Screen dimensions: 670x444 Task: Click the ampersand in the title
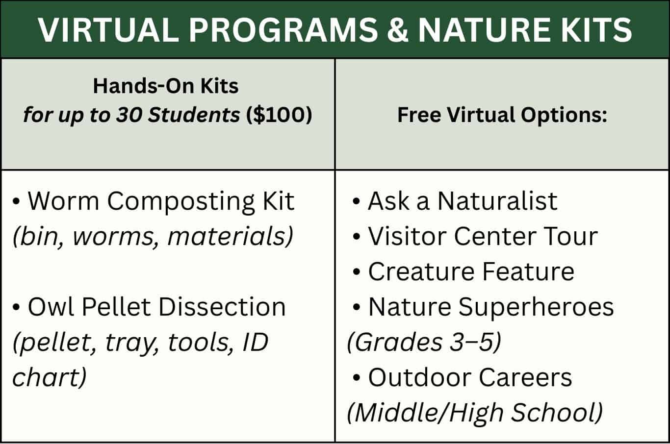(397, 29)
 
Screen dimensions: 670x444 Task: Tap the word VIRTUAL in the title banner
(108, 30)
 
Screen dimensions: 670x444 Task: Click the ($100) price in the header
(279, 115)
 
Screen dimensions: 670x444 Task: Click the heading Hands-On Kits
(166, 86)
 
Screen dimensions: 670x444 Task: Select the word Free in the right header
(419, 115)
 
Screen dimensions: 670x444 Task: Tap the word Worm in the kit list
(63, 201)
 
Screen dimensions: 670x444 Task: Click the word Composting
(181, 202)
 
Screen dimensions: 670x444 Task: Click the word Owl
(51, 307)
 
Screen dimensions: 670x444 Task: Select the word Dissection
(222, 307)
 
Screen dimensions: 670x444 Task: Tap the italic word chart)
(50, 377)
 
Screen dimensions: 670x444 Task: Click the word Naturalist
(497, 201)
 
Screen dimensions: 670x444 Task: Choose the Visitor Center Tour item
(483, 236)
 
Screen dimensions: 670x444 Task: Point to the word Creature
(421, 271)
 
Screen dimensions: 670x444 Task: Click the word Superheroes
(536, 308)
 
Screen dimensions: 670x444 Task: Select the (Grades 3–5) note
(424, 343)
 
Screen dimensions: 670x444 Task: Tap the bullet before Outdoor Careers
(356, 378)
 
